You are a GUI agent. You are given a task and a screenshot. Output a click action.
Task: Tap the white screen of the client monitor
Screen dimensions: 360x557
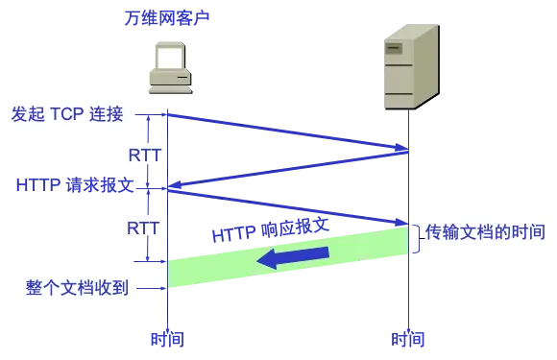click(171, 57)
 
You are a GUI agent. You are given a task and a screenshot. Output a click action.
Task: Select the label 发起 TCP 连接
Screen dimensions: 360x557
click(66, 114)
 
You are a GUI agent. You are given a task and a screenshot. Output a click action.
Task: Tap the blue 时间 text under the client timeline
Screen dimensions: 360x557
click(166, 338)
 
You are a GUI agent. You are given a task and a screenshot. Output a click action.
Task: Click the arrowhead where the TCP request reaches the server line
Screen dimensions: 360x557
click(400, 150)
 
